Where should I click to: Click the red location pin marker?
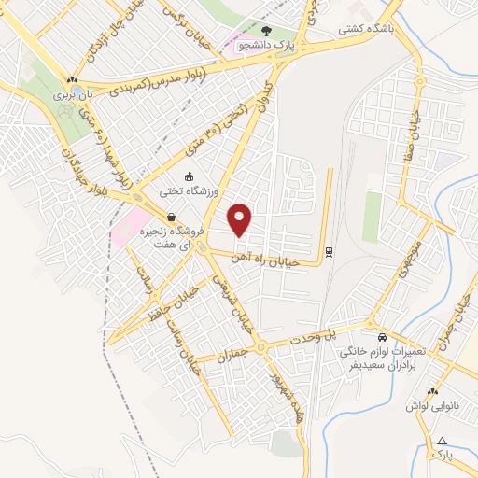241,219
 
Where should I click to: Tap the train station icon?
329,250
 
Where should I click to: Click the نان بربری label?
75,95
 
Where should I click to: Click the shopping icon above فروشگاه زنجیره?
170,217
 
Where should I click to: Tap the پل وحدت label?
317,334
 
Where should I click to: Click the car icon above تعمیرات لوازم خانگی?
382,336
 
